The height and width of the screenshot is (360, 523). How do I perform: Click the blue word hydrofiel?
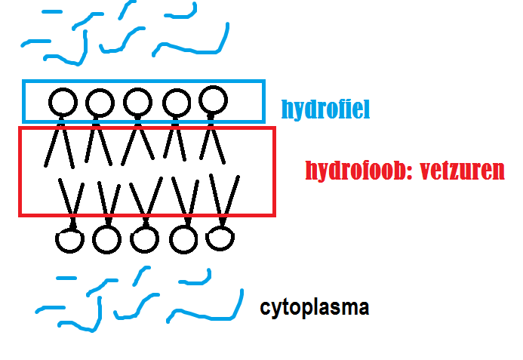pos(325,110)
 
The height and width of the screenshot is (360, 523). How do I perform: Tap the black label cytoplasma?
pos(315,308)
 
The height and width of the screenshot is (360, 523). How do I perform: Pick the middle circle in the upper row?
pos(137,101)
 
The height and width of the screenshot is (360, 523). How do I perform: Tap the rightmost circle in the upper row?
pos(214,99)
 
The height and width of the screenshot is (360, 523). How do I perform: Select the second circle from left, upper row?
pos(99,101)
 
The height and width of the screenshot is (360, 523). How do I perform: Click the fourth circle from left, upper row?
pos(177,101)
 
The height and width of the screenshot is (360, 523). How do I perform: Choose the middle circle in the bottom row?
pos(144,239)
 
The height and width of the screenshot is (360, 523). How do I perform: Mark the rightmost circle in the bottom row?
pos(218,238)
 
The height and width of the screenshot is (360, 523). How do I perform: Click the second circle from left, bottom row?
pos(107,240)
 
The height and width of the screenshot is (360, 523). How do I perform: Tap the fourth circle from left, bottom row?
pos(183,239)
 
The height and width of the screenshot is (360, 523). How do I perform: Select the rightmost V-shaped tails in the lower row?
pos(222,198)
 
